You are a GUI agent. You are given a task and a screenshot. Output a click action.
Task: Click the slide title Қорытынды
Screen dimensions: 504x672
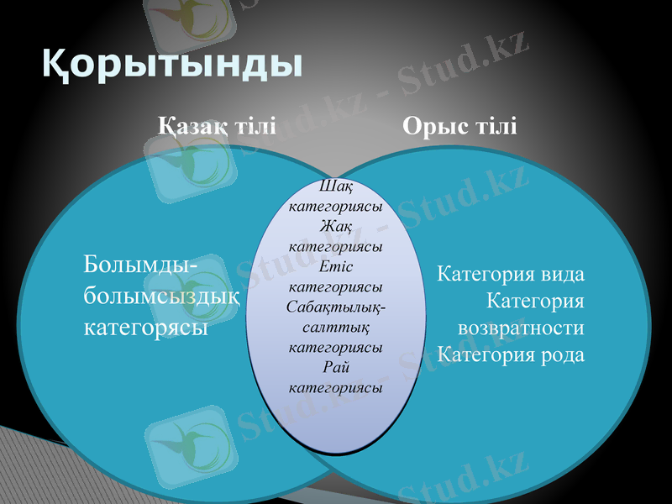pos(172,64)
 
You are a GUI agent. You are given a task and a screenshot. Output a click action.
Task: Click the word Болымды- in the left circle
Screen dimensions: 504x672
pos(141,265)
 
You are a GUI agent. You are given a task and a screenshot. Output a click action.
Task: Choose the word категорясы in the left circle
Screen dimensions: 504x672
pos(146,326)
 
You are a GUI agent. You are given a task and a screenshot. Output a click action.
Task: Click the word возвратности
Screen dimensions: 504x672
pos(521,328)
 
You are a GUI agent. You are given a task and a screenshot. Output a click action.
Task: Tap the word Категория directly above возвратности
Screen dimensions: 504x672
pos(535,301)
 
